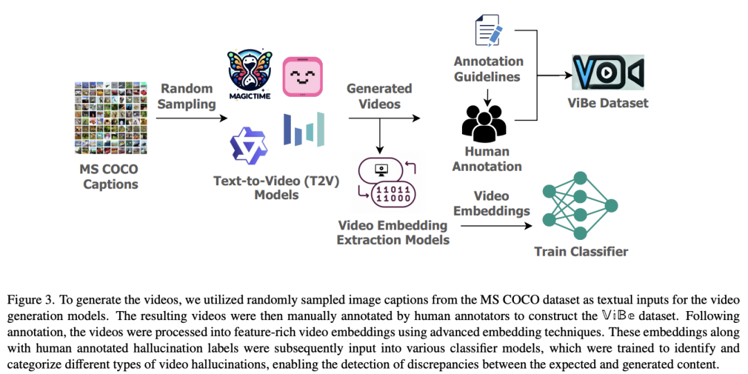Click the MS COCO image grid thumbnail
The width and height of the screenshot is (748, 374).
pos(111,118)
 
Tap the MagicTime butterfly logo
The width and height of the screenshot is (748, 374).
pos(249,75)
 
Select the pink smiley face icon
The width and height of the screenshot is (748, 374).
pos(303,77)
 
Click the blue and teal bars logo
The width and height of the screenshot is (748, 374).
pos(304,129)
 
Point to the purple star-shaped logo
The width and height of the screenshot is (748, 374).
pos(249,145)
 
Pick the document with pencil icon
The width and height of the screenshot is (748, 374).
pos(488,30)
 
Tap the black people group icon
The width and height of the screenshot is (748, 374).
pos(483,124)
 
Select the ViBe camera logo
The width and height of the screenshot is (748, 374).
pos(608,73)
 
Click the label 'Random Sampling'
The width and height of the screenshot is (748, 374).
pos(186,96)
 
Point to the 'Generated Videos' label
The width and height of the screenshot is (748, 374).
pos(380,96)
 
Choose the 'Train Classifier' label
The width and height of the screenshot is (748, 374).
pos(581,251)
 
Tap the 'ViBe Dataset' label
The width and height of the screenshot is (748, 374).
pos(608,103)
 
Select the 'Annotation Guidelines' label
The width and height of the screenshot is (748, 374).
pos(488,69)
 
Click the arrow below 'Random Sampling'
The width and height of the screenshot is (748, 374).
pos(192,118)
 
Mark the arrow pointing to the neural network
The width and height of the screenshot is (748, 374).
pos(496,225)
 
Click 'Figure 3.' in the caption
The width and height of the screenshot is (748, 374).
pos(30,300)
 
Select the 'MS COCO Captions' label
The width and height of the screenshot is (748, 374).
pos(110,177)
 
